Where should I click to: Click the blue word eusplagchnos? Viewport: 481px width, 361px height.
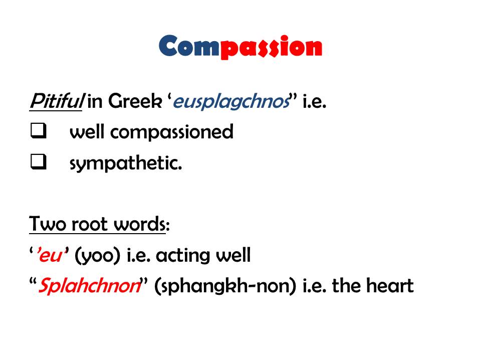coord(231,102)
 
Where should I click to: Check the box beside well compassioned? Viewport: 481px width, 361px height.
coord(39,130)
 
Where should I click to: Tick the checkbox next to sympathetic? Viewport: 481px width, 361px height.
coord(39,161)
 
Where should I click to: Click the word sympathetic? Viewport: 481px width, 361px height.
coord(126,163)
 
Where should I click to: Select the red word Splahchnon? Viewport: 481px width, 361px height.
coord(89,285)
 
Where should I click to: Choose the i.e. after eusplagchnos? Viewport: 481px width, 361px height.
coord(314,101)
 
